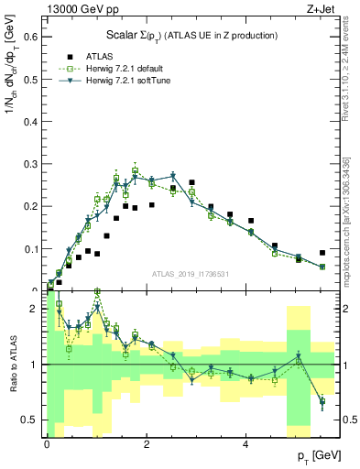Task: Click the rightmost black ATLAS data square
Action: [x=322, y=253]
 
